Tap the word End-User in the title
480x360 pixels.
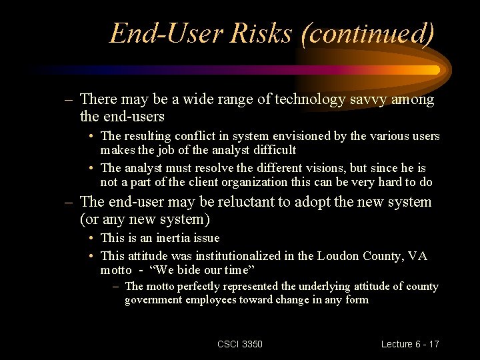point(166,33)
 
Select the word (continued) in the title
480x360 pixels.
point(367,33)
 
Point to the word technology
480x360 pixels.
point(301,99)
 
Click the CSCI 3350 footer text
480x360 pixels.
point(240,344)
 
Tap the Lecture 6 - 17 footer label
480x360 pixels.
point(410,344)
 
